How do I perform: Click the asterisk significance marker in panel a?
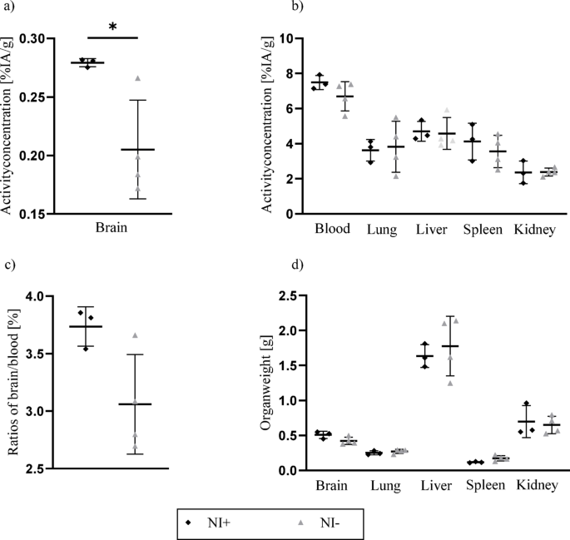coord(112,27)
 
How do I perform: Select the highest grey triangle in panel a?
coord(138,78)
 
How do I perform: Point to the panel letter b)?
coord(295,7)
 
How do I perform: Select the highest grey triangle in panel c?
coord(135,335)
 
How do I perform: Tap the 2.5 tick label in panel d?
coord(288,297)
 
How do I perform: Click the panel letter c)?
coord(9,265)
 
